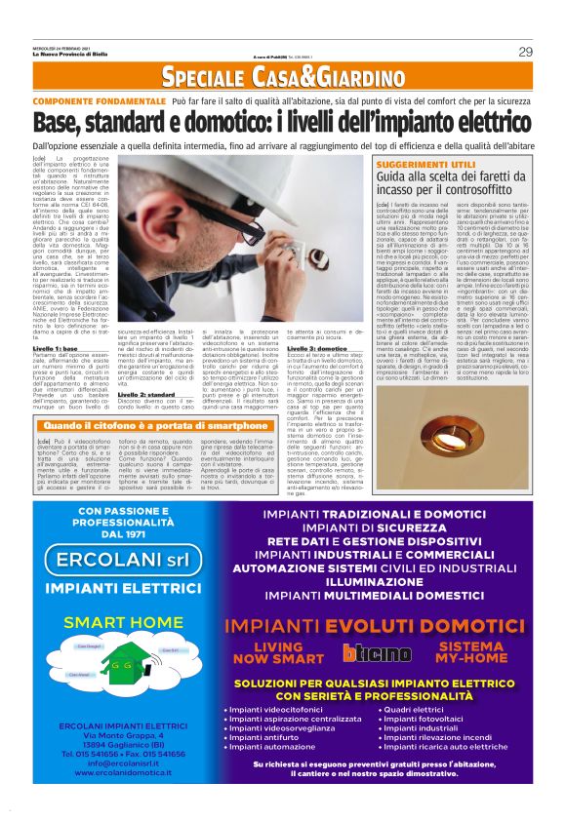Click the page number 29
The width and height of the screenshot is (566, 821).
(525, 51)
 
